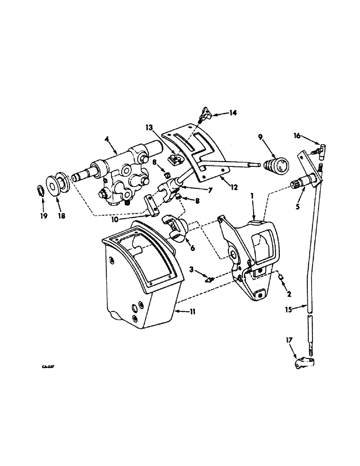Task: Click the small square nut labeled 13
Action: pyautogui.click(x=173, y=160)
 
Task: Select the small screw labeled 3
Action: pyautogui.click(x=210, y=279)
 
